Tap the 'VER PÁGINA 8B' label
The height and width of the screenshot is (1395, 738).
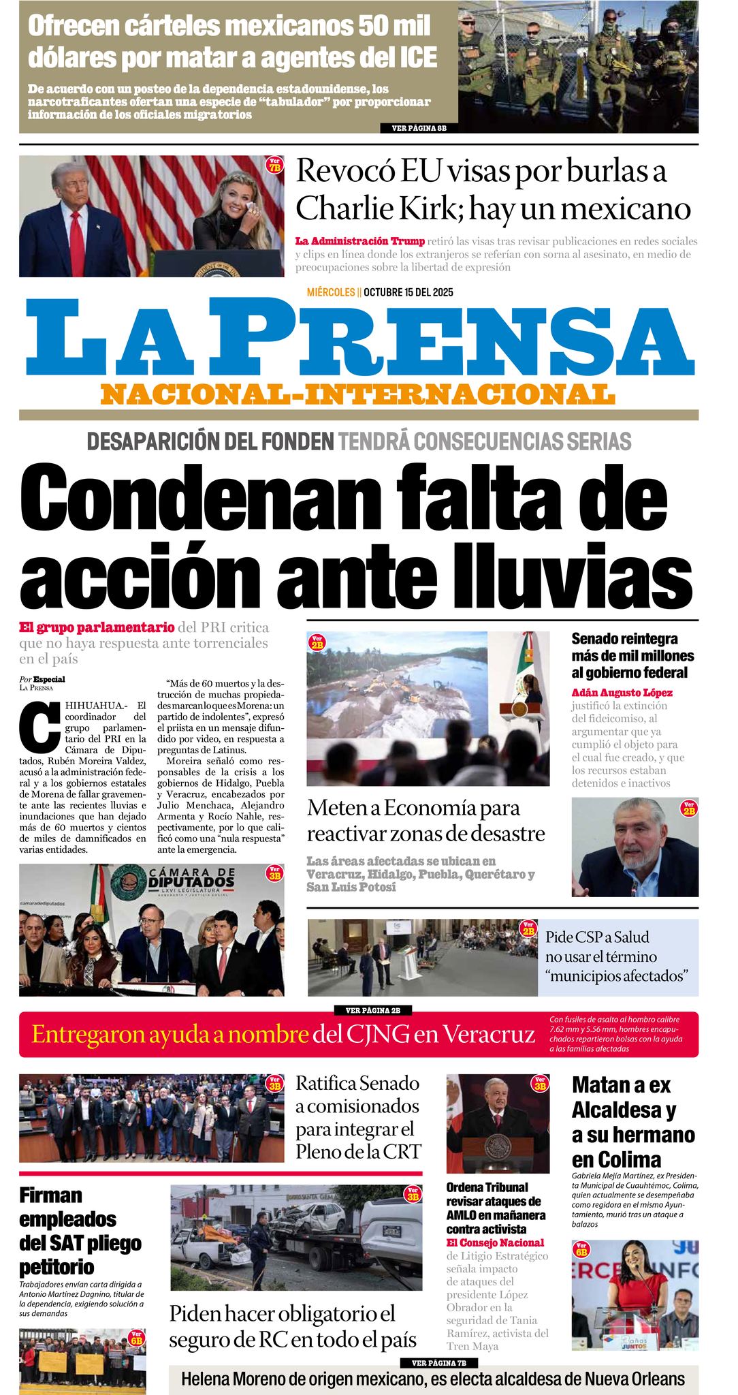tap(419, 128)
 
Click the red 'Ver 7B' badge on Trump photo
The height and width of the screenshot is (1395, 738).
tap(274, 165)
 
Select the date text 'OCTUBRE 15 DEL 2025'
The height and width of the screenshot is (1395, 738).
tap(408, 293)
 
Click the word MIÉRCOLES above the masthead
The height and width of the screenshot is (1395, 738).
tap(331, 293)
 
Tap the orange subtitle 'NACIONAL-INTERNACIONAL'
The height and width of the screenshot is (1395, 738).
tap(357, 394)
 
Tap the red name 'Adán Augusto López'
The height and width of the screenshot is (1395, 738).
tap(622, 693)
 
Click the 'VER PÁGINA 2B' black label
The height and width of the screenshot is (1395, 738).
tap(372, 1010)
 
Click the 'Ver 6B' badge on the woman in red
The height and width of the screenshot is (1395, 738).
tap(582, 1249)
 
